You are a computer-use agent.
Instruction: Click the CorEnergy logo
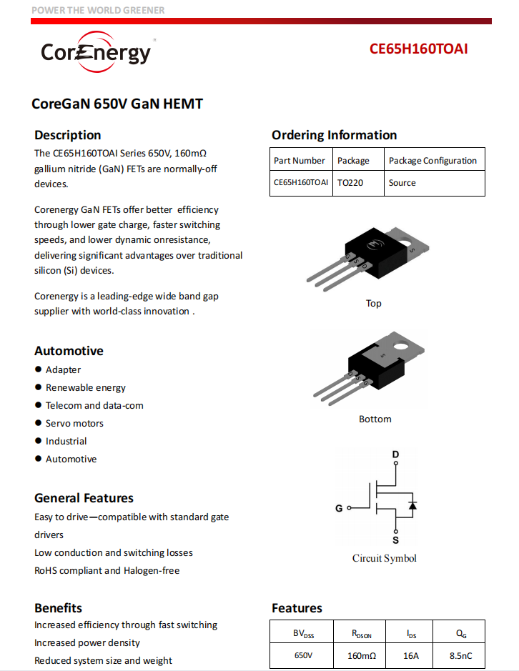click(96, 51)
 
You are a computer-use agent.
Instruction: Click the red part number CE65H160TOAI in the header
click(419, 49)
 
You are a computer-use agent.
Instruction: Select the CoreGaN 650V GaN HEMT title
click(117, 104)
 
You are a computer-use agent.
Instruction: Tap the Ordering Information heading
click(334, 135)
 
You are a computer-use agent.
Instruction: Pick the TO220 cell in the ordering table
click(350, 183)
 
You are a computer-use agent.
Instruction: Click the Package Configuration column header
click(432, 161)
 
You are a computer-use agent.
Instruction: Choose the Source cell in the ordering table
click(402, 183)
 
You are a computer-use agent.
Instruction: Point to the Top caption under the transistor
click(373, 303)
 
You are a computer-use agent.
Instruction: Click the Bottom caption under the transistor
click(375, 419)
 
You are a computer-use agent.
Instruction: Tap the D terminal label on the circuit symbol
click(395, 454)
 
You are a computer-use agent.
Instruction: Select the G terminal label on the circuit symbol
click(339, 509)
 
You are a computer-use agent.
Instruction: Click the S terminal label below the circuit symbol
click(395, 540)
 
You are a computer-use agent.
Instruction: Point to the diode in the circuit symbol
click(412, 505)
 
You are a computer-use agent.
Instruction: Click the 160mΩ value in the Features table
click(362, 655)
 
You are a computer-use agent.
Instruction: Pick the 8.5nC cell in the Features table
click(460, 655)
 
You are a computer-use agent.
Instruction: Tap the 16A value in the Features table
click(411, 655)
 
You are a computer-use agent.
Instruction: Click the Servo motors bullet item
click(74, 423)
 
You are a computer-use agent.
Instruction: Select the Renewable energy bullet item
click(85, 387)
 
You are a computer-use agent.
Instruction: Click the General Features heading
click(84, 498)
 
